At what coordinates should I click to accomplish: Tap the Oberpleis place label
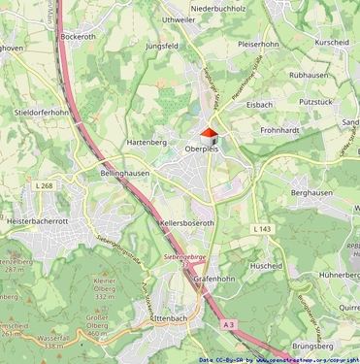205,150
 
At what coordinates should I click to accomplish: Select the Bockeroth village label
79,38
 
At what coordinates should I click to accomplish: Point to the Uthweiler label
179,19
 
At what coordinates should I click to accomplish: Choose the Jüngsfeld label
161,46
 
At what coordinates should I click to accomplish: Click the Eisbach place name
259,104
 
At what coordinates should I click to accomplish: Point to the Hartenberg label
147,143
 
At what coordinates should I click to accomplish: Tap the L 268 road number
44,185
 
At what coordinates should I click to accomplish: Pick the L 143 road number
261,228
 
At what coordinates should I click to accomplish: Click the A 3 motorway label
228,323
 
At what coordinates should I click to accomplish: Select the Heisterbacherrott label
39,221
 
